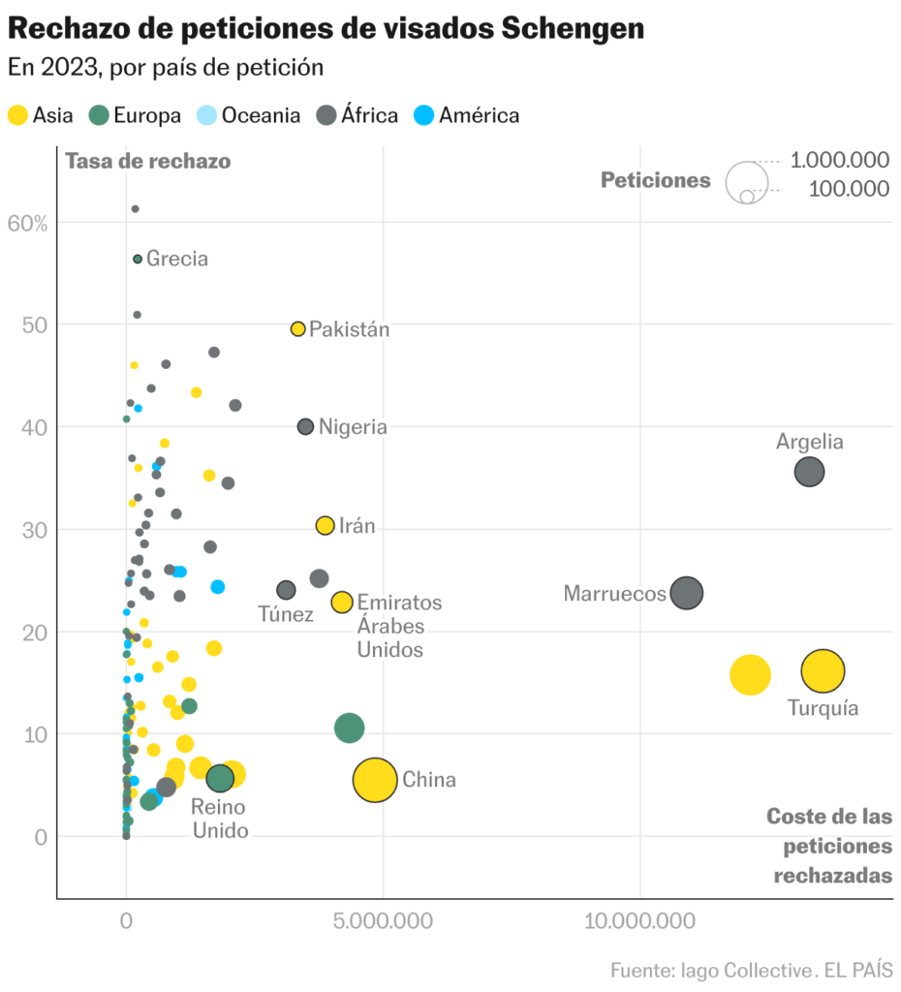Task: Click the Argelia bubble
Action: [x=809, y=472]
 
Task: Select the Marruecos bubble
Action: [x=686, y=593]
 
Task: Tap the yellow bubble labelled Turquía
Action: [x=823, y=670]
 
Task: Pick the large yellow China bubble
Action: [x=375, y=780]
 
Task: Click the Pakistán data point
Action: [x=298, y=329]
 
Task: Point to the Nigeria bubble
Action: [x=305, y=426]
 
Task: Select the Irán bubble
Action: [x=325, y=525]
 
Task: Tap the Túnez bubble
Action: [x=286, y=590]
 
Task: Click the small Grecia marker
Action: [x=138, y=259]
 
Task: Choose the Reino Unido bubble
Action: [x=221, y=777]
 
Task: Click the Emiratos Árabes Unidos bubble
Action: [x=341, y=602]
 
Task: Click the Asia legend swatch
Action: [x=17, y=115]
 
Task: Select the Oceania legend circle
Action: [x=206, y=115]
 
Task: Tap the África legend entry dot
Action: [x=326, y=115]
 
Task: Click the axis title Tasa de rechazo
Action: [x=147, y=161]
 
